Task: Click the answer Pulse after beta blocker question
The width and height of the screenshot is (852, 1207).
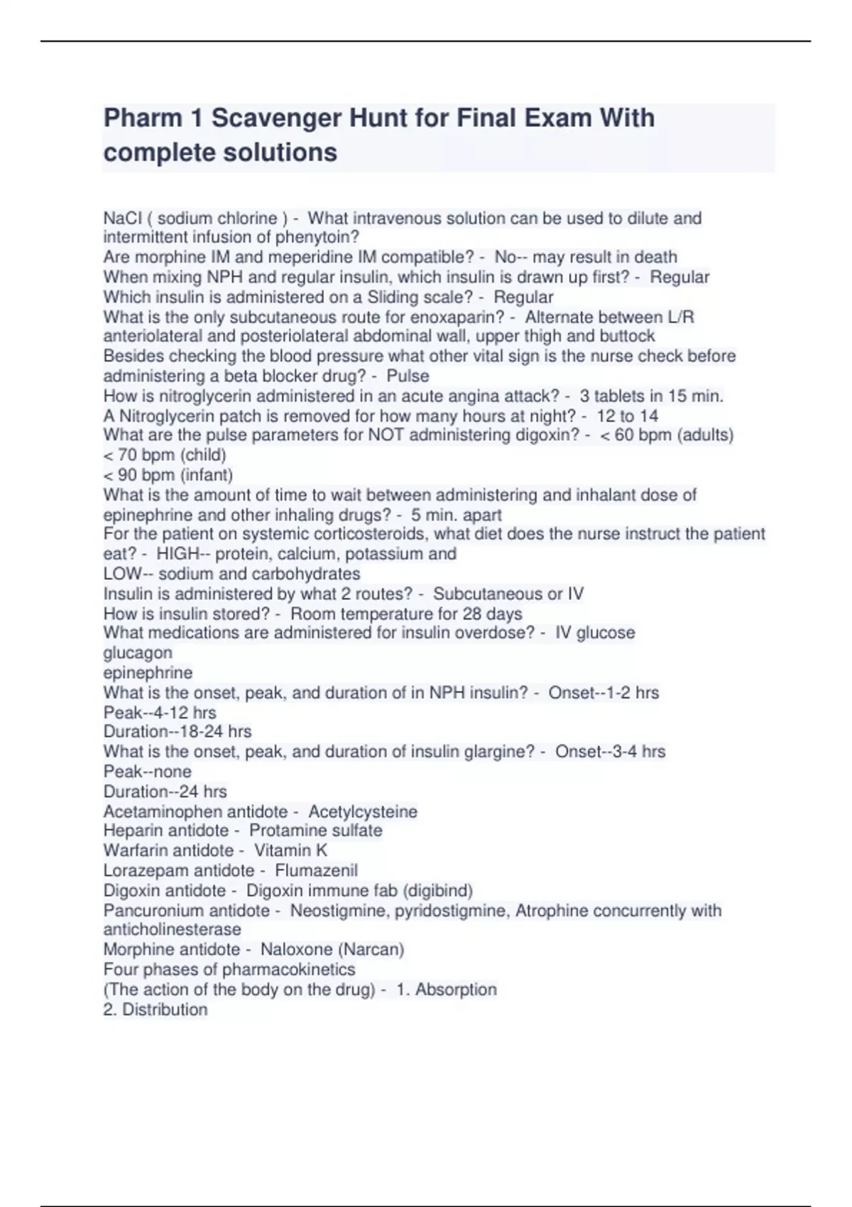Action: tap(408, 376)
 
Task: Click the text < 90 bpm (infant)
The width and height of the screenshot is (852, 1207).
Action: tap(168, 474)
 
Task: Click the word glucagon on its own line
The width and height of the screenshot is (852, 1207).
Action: tap(138, 652)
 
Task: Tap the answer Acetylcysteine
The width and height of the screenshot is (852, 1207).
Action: tap(363, 812)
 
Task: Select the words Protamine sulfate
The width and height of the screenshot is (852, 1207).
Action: tap(315, 831)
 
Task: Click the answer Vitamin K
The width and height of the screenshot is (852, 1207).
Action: tap(290, 851)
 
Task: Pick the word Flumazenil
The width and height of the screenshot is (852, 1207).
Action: tap(316, 870)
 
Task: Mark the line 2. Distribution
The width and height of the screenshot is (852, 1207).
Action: tap(155, 1010)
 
